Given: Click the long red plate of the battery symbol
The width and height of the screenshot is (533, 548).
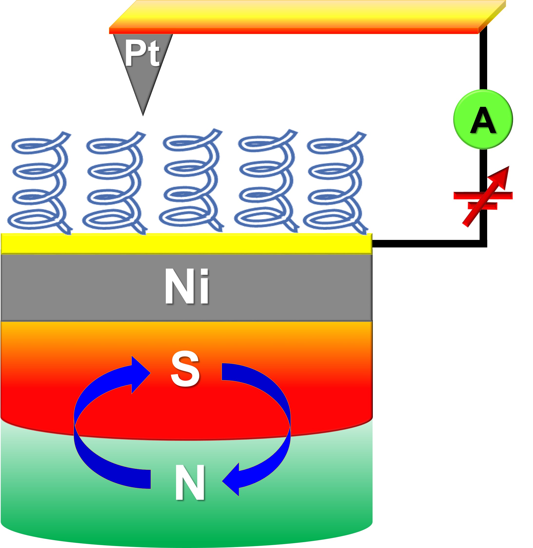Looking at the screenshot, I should point(483,195).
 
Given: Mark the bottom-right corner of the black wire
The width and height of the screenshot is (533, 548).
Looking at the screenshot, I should point(484,244).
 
